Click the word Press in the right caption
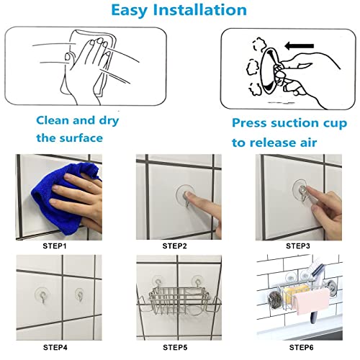point(252,124)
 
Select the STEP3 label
point(300,246)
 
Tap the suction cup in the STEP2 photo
point(186,195)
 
